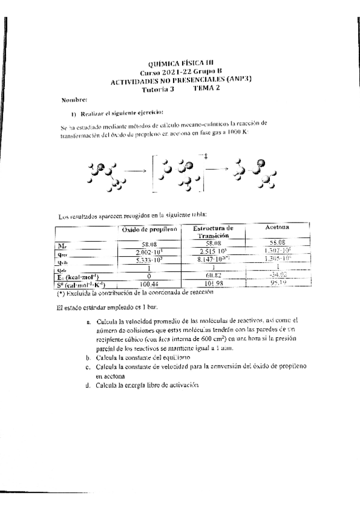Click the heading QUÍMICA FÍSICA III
(180, 63)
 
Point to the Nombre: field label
(74, 98)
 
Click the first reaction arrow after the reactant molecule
(136, 171)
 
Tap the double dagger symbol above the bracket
(206, 157)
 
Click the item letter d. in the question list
(88, 385)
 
